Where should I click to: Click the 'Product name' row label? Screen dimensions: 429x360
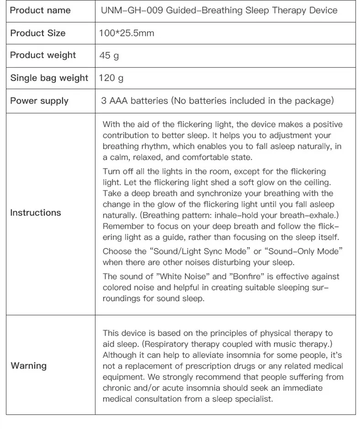[40, 10]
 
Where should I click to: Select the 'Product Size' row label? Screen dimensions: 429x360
[37, 33]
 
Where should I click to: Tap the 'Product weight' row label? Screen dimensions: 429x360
[43, 55]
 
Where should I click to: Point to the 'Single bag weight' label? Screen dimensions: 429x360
[49, 78]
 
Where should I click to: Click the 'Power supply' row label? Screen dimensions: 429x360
[39, 101]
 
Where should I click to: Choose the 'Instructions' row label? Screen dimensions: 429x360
[36, 212]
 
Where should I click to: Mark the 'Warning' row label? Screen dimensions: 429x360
[29, 365]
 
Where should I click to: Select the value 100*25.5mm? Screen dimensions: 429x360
[127, 33]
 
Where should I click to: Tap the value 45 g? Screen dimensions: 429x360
[109, 56]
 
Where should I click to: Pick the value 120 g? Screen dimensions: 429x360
[111, 78]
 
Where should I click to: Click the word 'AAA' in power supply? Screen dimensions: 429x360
[119, 101]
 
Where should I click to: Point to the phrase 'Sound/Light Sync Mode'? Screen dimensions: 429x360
[191, 251]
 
